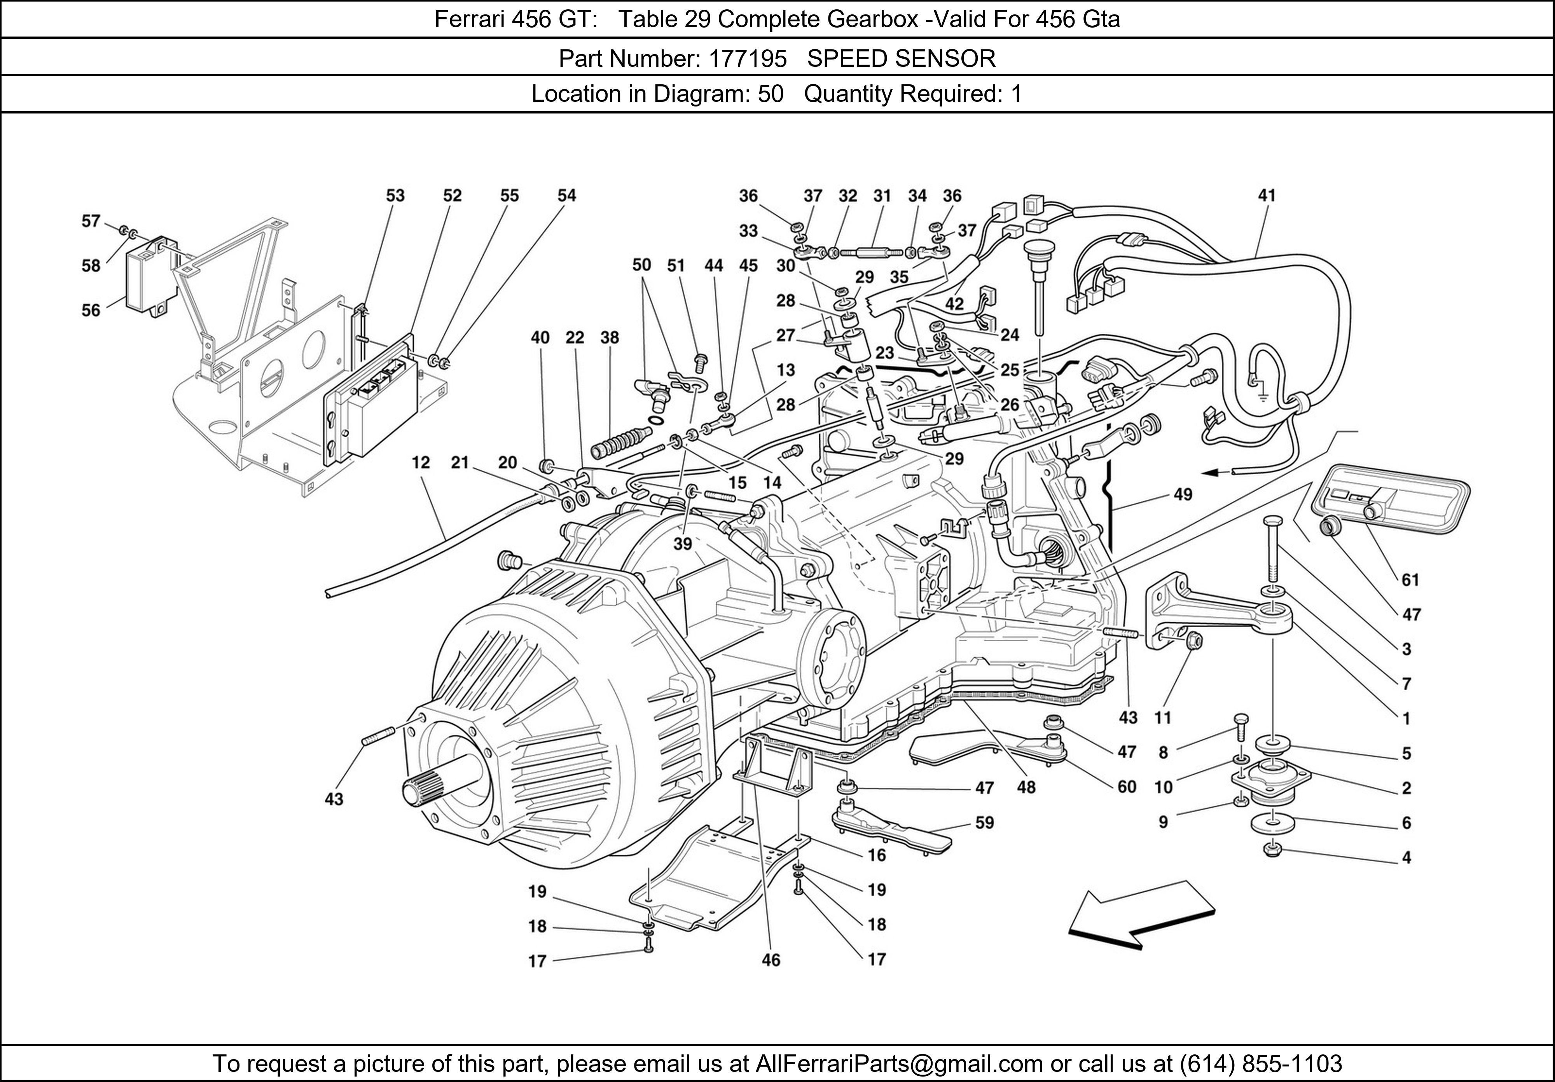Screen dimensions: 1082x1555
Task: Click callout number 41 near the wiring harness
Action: pyautogui.click(x=1267, y=195)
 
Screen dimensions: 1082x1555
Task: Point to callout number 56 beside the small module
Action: pyautogui.click(x=91, y=310)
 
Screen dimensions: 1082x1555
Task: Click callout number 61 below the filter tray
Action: pyautogui.click(x=1410, y=579)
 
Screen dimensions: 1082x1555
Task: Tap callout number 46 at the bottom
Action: pyautogui.click(x=771, y=960)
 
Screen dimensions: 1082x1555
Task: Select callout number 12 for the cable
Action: pyautogui.click(x=421, y=462)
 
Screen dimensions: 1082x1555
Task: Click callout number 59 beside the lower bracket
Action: pyautogui.click(x=984, y=823)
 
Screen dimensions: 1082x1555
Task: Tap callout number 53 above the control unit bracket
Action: pyautogui.click(x=395, y=195)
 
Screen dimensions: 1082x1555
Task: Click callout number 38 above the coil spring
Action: pyautogui.click(x=610, y=337)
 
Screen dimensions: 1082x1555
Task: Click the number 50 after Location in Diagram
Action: pyautogui.click(x=770, y=93)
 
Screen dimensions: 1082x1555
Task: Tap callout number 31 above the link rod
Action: pyautogui.click(x=882, y=195)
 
